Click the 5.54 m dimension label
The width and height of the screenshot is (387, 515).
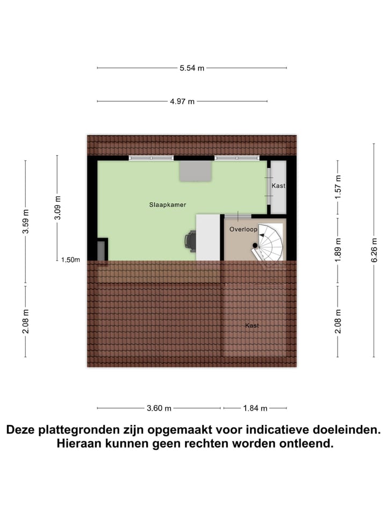point(192,68)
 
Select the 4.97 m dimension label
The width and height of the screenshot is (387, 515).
point(183,101)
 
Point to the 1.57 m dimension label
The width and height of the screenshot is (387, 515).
point(338,188)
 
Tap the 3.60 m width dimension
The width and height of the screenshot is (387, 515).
point(159,408)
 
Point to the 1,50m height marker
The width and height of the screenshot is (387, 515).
point(70,260)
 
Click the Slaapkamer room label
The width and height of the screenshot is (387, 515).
point(164,204)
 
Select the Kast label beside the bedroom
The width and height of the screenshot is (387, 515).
point(278,186)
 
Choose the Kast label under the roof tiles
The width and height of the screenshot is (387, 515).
point(252,326)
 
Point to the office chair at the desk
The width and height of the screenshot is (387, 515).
point(190,241)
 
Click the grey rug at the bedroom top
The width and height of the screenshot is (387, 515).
point(196,171)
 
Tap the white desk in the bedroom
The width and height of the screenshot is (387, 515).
point(208,237)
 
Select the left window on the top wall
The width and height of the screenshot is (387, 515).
point(151,158)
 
